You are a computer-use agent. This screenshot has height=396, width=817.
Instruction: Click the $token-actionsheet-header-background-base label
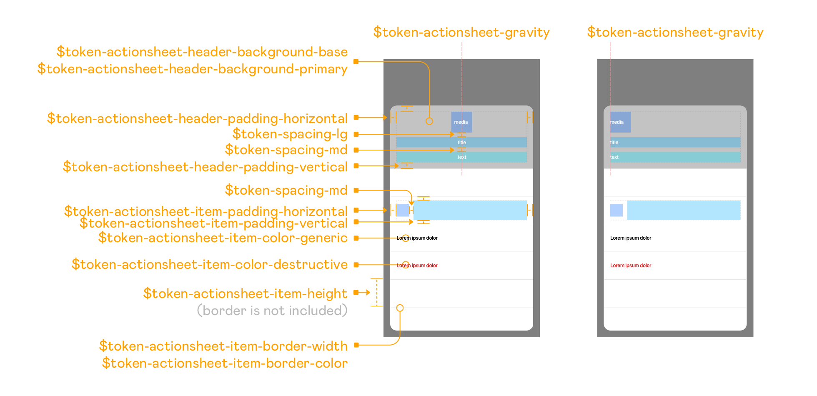pyautogui.click(x=202, y=52)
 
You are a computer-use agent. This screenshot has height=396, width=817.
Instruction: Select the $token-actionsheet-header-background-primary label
pyautogui.click(x=193, y=69)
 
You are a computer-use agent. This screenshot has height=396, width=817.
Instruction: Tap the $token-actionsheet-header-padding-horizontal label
pyautogui.click(x=197, y=118)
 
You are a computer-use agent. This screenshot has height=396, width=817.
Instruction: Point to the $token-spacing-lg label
pyautogui.click(x=290, y=134)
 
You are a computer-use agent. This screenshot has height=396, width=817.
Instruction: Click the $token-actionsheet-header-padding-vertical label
pyautogui.click(x=205, y=167)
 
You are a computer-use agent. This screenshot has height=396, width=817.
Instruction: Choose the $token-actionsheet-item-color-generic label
pyautogui.click(x=223, y=238)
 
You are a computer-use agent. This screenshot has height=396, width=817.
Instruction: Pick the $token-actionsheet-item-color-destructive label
pyautogui.click(x=210, y=264)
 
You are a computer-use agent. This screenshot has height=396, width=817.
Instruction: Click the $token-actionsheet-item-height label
pyautogui.click(x=246, y=293)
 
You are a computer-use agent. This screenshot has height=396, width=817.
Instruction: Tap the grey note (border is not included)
pyautogui.click(x=272, y=311)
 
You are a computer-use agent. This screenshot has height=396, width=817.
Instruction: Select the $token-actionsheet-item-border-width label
pyautogui.click(x=223, y=346)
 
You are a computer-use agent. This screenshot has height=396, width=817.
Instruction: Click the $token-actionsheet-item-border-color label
pyautogui.click(x=225, y=363)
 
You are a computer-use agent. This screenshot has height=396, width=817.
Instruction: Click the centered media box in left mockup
pyautogui.click(x=461, y=122)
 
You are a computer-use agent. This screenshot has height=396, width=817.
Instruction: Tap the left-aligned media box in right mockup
pyautogui.click(x=620, y=122)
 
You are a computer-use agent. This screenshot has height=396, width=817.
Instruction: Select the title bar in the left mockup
pyautogui.click(x=461, y=143)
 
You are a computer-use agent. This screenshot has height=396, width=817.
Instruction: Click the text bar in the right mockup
pyautogui.click(x=675, y=157)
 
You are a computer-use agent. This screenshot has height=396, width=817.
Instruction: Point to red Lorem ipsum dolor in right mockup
pyautogui.click(x=631, y=266)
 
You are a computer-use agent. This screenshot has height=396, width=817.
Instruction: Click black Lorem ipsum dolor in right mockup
pyautogui.click(x=631, y=238)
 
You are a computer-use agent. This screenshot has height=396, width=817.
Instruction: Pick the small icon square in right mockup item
pyautogui.click(x=617, y=210)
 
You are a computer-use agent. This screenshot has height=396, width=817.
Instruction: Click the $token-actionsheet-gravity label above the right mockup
pyautogui.click(x=675, y=32)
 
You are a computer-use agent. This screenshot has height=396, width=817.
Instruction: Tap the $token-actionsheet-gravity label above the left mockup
pyautogui.click(x=461, y=32)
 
